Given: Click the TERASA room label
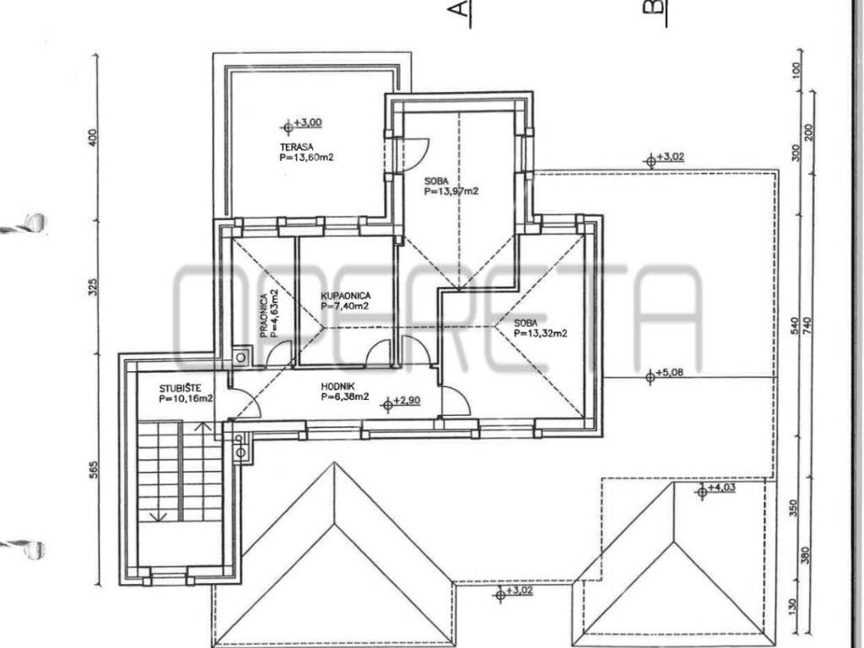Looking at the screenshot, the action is (296, 147).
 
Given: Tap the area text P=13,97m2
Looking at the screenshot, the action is (451, 192).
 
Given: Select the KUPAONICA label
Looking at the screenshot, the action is (345, 296).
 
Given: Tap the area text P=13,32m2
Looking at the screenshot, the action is (541, 332).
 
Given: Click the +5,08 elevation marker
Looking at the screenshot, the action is (664, 375).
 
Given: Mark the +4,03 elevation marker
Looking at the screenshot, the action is (715, 489).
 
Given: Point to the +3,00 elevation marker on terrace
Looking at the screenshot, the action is (302, 125).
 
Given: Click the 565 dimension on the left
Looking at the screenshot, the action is (93, 469).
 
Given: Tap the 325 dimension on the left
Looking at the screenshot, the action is (93, 287).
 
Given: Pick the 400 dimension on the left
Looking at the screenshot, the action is (93, 138).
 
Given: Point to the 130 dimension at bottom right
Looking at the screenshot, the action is (793, 607).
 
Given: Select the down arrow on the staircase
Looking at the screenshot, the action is (159, 516).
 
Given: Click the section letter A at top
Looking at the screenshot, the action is (461, 10).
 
